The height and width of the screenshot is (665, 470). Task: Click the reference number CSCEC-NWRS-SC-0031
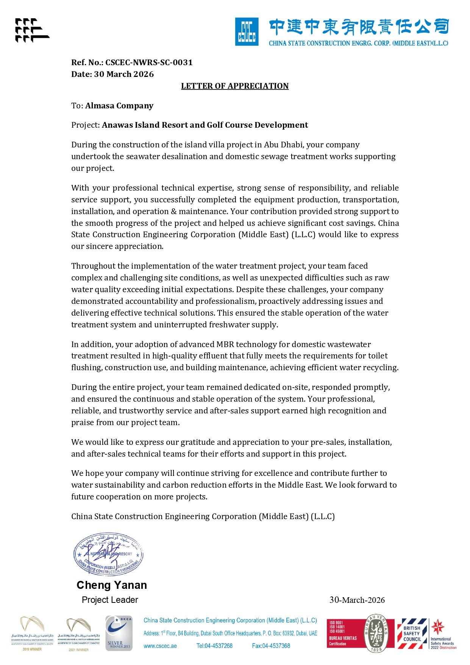tap(149, 63)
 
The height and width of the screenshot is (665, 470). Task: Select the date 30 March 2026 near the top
tap(124, 74)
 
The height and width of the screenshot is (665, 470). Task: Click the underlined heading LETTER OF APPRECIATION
tap(234, 86)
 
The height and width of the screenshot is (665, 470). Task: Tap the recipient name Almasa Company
tap(119, 106)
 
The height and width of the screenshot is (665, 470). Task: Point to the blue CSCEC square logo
tap(247, 32)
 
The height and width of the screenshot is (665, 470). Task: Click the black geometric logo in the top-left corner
tap(32, 30)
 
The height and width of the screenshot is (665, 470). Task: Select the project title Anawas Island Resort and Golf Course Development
tap(205, 125)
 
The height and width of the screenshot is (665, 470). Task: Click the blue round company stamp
tap(109, 554)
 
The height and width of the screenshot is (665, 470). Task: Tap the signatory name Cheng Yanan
tap(112, 585)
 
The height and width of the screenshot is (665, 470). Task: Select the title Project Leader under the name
tap(110, 600)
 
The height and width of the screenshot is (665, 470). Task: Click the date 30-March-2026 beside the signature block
tap(357, 600)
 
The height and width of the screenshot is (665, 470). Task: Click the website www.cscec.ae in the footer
tap(160, 646)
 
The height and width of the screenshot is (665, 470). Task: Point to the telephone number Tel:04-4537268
tap(214, 646)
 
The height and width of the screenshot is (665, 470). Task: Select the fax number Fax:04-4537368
tap(271, 646)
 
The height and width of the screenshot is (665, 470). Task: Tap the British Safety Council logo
tap(412, 633)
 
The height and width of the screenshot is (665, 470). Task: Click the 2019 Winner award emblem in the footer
tap(32, 633)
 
